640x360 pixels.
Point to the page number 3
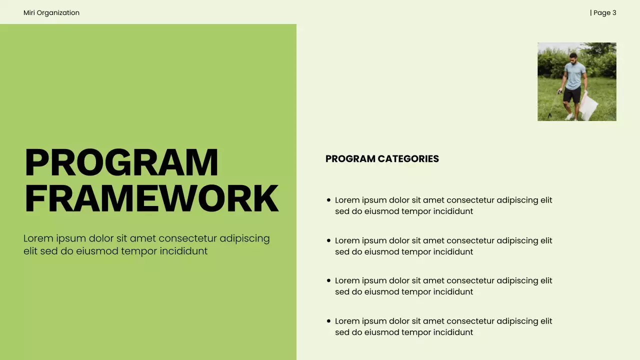(x=614, y=12)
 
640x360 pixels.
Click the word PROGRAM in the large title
(x=121, y=162)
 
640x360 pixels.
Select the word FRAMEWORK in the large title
(x=151, y=198)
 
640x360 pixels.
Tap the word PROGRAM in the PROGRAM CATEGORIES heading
(x=350, y=159)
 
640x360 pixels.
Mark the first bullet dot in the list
(x=328, y=200)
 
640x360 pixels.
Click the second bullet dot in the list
(x=328, y=240)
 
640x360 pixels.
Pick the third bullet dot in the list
(x=328, y=280)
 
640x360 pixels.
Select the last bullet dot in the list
(x=328, y=321)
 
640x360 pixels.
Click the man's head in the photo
(x=573, y=57)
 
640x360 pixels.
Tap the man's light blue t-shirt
(x=574, y=76)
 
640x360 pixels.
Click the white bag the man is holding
(x=589, y=105)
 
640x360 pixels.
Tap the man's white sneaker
(x=569, y=117)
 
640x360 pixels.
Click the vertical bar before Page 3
(x=591, y=12)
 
